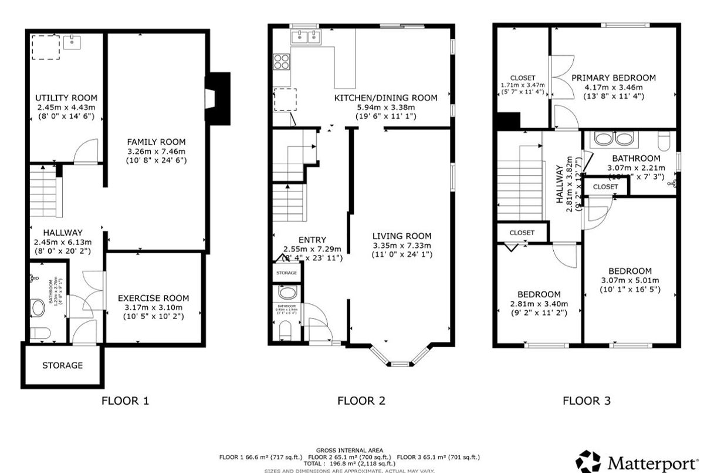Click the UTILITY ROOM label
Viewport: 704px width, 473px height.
(x=66, y=98)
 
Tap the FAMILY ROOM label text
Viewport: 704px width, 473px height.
(x=156, y=142)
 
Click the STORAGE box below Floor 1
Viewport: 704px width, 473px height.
(x=62, y=365)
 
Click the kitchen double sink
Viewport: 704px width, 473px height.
(x=305, y=38)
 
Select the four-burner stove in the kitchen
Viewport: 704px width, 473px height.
(x=282, y=62)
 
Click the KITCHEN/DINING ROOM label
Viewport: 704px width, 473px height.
(x=385, y=98)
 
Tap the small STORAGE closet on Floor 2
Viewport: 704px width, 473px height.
(x=287, y=273)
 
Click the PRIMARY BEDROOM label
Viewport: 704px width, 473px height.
(x=614, y=78)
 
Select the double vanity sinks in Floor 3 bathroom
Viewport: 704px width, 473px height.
(x=611, y=139)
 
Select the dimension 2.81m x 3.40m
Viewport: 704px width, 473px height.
(x=539, y=304)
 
